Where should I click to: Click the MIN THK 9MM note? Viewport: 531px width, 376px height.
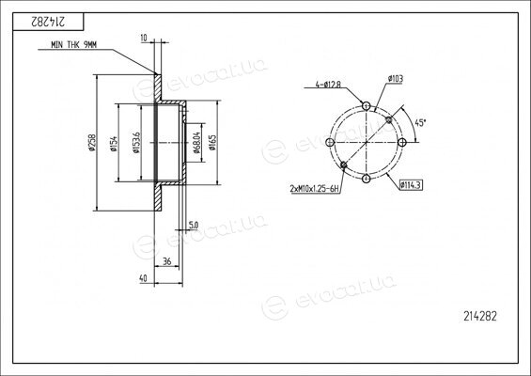(74, 45)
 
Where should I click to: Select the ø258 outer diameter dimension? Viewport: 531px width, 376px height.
(91, 142)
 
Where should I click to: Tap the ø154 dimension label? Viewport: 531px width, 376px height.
(114, 143)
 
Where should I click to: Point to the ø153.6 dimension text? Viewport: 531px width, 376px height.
(136, 143)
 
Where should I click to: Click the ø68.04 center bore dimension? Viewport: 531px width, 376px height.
(196, 143)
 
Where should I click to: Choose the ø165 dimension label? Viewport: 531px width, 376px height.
(212, 143)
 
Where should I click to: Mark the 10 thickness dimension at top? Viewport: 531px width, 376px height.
(144, 38)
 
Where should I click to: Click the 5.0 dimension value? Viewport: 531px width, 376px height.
(194, 225)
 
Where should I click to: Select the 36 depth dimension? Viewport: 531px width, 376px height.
(167, 261)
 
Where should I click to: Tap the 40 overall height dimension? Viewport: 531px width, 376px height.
(143, 278)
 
